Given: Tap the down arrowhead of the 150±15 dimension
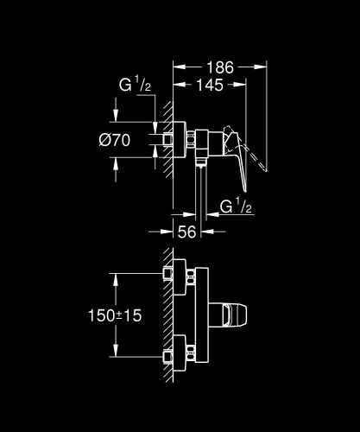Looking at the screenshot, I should pyautogui.click(x=114, y=354).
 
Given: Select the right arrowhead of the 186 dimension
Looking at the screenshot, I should pyautogui.click(x=263, y=65).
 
